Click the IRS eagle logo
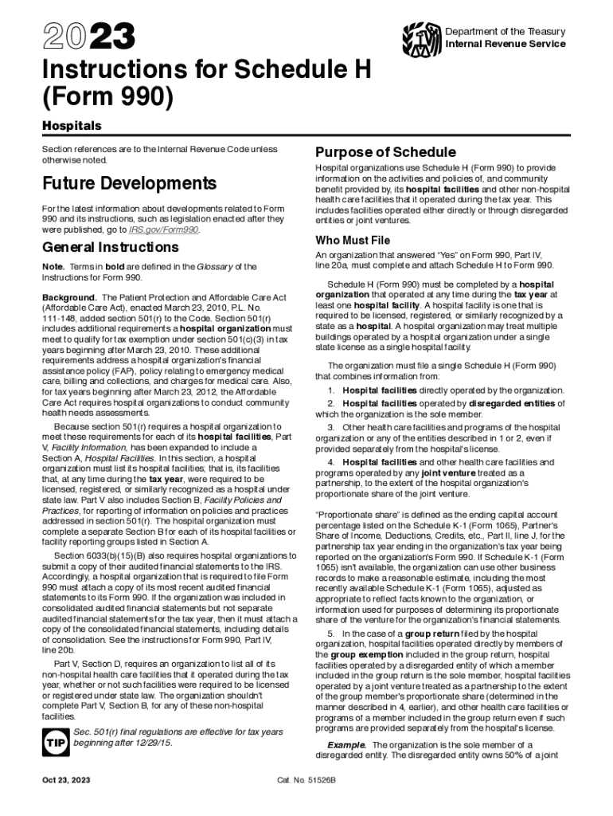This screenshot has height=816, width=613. [x=421, y=36]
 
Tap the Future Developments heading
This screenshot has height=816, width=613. [x=129, y=184]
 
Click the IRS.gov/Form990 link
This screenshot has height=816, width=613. [x=164, y=229]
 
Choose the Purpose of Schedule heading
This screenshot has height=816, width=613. [x=385, y=152]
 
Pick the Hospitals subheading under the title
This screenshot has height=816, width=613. [x=72, y=127]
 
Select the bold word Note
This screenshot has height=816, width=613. [x=53, y=266]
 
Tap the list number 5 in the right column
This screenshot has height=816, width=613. [x=330, y=633]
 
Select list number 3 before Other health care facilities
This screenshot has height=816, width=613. [x=330, y=427]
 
